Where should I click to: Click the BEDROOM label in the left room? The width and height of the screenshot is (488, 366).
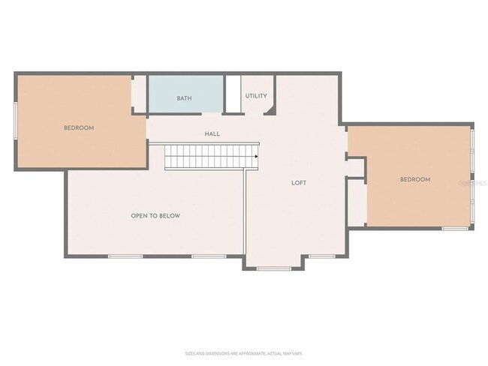79,128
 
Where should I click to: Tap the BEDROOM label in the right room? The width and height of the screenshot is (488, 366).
414,179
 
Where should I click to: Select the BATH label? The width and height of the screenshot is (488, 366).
184,98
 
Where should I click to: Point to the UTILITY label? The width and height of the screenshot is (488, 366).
256,96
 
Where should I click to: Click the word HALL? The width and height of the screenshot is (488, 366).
212,134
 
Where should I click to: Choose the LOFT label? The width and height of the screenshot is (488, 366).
299,183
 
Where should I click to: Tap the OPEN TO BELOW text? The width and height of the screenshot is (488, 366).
155,216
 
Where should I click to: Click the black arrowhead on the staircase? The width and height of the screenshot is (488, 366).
257,157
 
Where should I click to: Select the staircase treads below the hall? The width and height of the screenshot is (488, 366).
210,157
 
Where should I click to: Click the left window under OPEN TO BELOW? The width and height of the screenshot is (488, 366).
125,256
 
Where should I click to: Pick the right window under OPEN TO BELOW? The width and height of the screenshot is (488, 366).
209,256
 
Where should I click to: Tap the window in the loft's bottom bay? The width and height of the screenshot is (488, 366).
274,268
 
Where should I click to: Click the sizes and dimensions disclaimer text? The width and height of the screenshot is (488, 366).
244,353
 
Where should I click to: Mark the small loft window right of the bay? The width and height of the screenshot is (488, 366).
321,256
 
